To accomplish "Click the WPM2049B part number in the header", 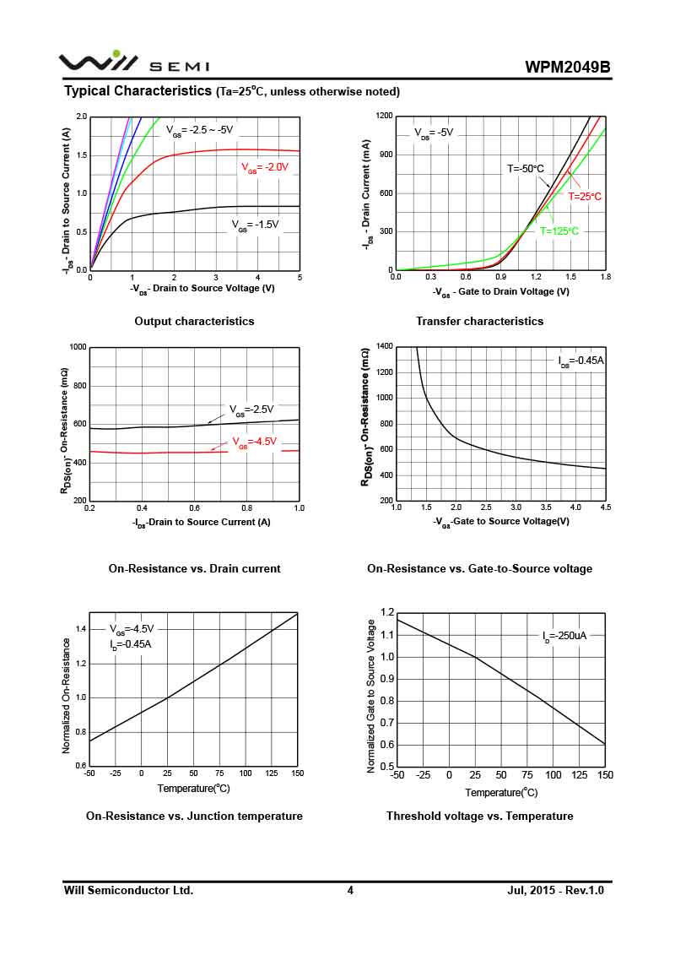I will pyautogui.click(x=567, y=68).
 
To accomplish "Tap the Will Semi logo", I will pyautogui.click(x=133, y=62).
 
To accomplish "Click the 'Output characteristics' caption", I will pyautogui.click(x=194, y=321).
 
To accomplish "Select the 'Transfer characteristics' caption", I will pyautogui.click(x=479, y=321).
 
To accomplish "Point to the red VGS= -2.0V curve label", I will pyautogui.click(x=265, y=167).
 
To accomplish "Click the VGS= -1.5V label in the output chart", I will pyautogui.click(x=255, y=225).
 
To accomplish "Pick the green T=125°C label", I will pyautogui.click(x=559, y=231).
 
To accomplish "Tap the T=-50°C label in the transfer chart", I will pyautogui.click(x=526, y=169).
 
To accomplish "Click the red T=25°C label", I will pyautogui.click(x=585, y=196).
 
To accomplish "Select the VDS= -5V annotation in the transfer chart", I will pyautogui.click(x=434, y=133).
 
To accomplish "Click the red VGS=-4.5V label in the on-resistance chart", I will pyautogui.click(x=254, y=442).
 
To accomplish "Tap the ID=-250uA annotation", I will pyautogui.click(x=564, y=635).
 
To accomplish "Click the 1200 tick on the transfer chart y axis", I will pyautogui.click(x=384, y=116).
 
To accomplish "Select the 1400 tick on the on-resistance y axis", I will pyautogui.click(x=384, y=346).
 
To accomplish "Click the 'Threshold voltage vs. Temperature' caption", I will pyautogui.click(x=479, y=816).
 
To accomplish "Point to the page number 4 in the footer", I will pyautogui.click(x=350, y=890).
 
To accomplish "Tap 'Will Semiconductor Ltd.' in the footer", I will pyautogui.click(x=128, y=890).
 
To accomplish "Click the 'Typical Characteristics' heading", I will pyautogui.click(x=138, y=90).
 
